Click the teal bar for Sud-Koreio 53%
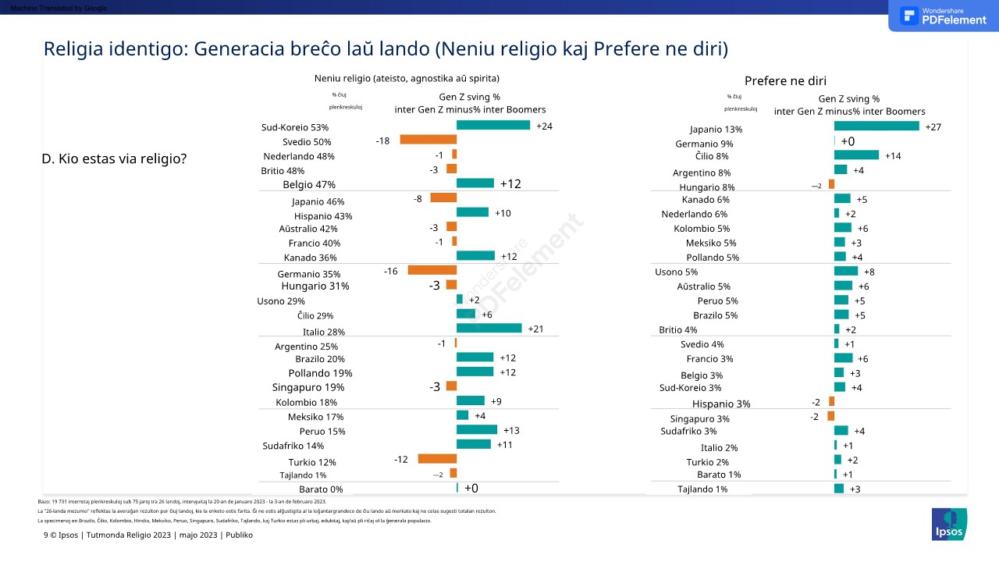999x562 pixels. [492, 125]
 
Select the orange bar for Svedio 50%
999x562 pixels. [428, 140]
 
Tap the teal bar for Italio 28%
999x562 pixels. [489, 329]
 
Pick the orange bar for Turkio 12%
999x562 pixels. [437, 459]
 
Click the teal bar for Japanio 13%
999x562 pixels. [876, 126]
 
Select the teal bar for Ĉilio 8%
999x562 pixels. [856, 155]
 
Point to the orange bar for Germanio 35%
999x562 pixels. [432, 270]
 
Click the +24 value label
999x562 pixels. [545, 126]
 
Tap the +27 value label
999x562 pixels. [933, 127]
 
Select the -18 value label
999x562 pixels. [382, 140]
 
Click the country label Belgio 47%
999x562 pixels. [309, 185]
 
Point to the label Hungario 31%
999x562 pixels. [315, 286]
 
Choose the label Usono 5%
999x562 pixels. [676, 272]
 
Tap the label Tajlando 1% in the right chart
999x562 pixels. [702, 489]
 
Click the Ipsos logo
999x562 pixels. [949, 524]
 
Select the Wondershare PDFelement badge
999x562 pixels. [943, 16]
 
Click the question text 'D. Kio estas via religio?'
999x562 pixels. [114, 158]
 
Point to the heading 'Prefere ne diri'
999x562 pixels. [785, 81]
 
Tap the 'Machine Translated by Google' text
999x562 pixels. [54, 8]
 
